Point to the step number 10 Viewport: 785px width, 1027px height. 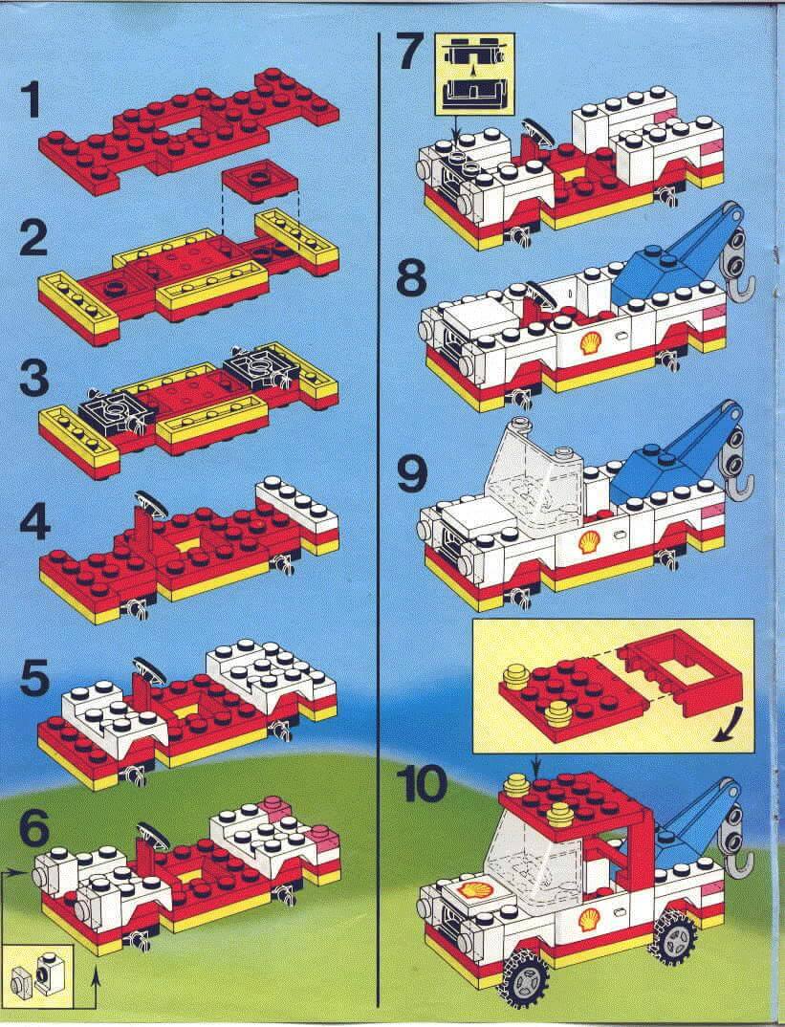point(425,784)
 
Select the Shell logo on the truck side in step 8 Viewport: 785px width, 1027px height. point(590,342)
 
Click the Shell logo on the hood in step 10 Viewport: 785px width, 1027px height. point(470,890)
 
